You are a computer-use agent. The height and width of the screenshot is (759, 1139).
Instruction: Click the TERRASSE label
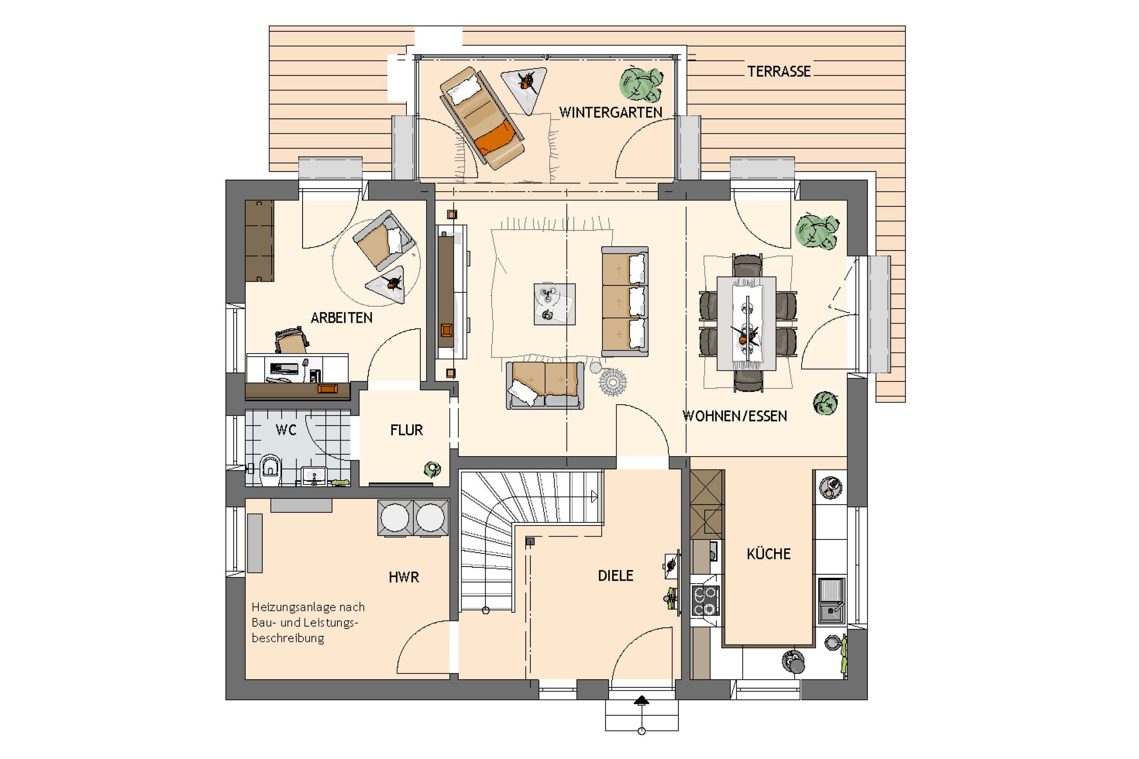tap(778, 72)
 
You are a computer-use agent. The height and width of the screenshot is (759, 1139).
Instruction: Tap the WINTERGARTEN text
tap(610, 112)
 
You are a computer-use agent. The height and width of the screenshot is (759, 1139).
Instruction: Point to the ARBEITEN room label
tap(341, 318)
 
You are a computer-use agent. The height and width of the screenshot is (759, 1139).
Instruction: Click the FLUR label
tap(406, 430)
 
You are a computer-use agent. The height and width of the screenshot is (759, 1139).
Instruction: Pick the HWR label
tap(404, 577)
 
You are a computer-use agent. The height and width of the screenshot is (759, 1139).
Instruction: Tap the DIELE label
tap(615, 575)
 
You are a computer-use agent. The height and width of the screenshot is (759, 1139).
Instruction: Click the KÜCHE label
tap(768, 553)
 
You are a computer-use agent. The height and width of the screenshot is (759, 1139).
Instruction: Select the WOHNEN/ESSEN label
tap(734, 416)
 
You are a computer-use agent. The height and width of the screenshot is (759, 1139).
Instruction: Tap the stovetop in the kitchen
tap(705, 600)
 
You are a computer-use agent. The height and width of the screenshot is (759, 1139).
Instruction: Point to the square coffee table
tap(554, 304)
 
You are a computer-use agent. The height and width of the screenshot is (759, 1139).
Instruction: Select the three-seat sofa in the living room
tap(624, 301)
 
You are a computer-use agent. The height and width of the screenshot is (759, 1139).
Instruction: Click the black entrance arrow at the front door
tap(641, 700)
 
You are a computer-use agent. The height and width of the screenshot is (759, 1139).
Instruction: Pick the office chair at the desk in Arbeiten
tap(292, 340)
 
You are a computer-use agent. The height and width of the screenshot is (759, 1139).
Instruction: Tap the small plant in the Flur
tap(432, 469)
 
